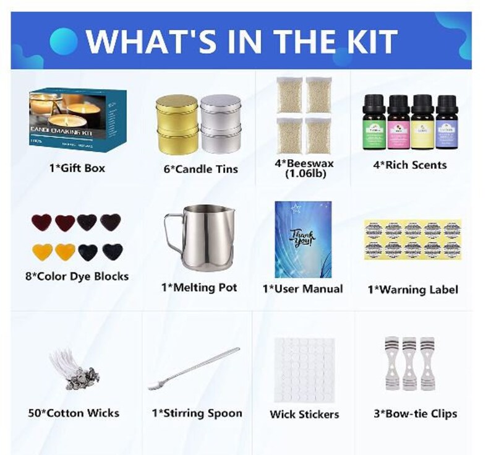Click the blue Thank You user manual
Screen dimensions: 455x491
(302, 239)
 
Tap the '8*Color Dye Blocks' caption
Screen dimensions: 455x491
(77, 277)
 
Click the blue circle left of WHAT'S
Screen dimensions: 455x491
(63, 41)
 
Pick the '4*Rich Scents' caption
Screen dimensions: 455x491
(409, 165)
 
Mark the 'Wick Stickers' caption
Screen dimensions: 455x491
(304, 414)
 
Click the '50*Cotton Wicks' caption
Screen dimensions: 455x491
(74, 413)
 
